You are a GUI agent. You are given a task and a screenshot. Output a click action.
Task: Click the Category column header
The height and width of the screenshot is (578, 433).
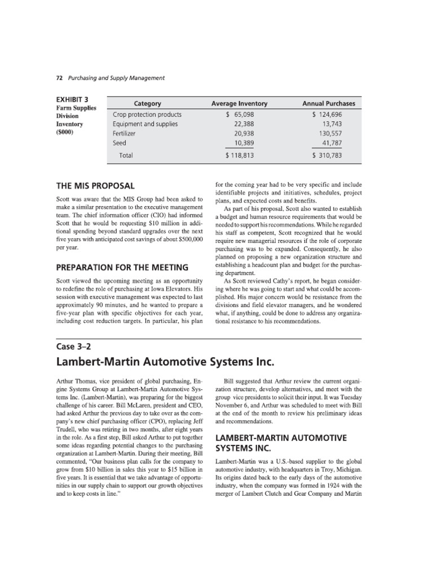[x=147, y=103]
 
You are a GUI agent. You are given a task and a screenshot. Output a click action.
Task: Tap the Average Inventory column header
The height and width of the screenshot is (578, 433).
[x=239, y=103]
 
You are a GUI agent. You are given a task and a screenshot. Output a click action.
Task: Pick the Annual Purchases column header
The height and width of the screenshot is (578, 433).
[x=329, y=103]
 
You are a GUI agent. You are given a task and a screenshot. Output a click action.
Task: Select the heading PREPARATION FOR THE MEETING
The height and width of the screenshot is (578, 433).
[x=122, y=267]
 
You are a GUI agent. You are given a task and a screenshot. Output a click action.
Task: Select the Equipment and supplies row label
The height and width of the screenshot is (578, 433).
[x=145, y=124]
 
